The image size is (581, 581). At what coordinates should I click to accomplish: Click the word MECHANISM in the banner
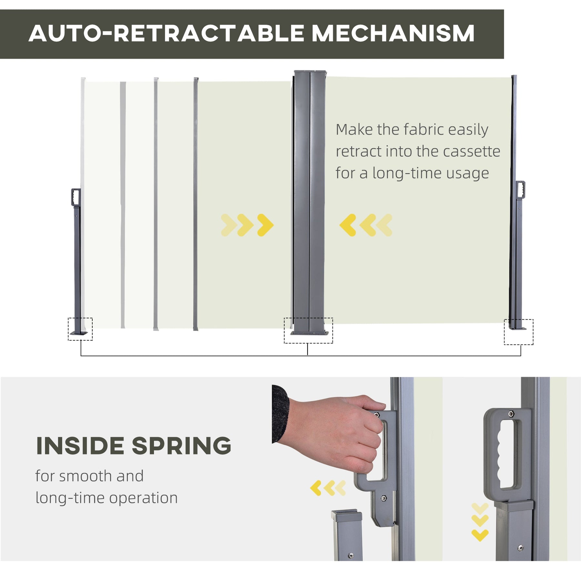[x=393, y=33]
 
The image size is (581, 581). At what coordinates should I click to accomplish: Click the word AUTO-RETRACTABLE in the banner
[x=166, y=33]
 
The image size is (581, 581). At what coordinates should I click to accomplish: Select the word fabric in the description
[x=423, y=130]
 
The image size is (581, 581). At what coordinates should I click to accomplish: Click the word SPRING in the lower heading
[x=181, y=446]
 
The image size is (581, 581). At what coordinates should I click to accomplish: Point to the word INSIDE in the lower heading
[x=80, y=446]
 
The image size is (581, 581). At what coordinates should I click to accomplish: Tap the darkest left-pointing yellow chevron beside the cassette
[x=348, y=225]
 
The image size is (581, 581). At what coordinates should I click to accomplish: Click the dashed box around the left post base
[x=80, y=329]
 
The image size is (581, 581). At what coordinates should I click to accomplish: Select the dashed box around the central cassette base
[x=308, y=330]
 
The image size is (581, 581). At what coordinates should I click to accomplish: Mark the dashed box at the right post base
[x=518, y=332]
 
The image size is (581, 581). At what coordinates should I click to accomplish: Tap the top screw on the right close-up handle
[x=511, y=414]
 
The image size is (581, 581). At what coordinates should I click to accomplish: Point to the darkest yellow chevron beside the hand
[x=316, y=488]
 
